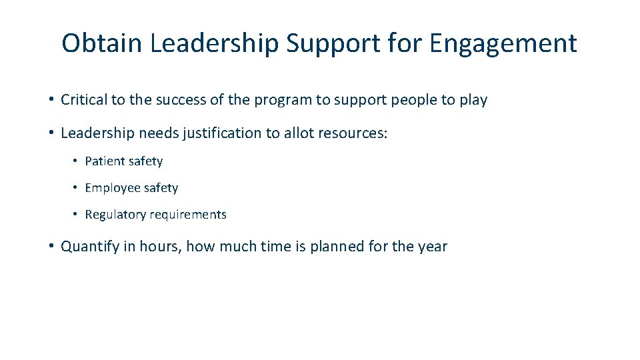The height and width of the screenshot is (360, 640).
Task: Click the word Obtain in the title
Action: click(102, 43)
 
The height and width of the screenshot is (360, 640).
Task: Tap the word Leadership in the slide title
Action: click(214, 43)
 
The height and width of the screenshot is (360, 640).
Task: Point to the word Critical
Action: click(83, 100)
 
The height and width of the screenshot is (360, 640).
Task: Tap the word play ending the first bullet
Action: click(473, 101)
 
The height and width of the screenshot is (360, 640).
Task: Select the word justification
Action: click(221, 133)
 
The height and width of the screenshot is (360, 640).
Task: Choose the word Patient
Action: click(105, 161)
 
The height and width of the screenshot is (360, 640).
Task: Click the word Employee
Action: click(111, 189)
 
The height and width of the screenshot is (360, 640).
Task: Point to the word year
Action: click(433, 247)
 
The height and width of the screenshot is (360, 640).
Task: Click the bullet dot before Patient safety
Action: click(77, 161)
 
